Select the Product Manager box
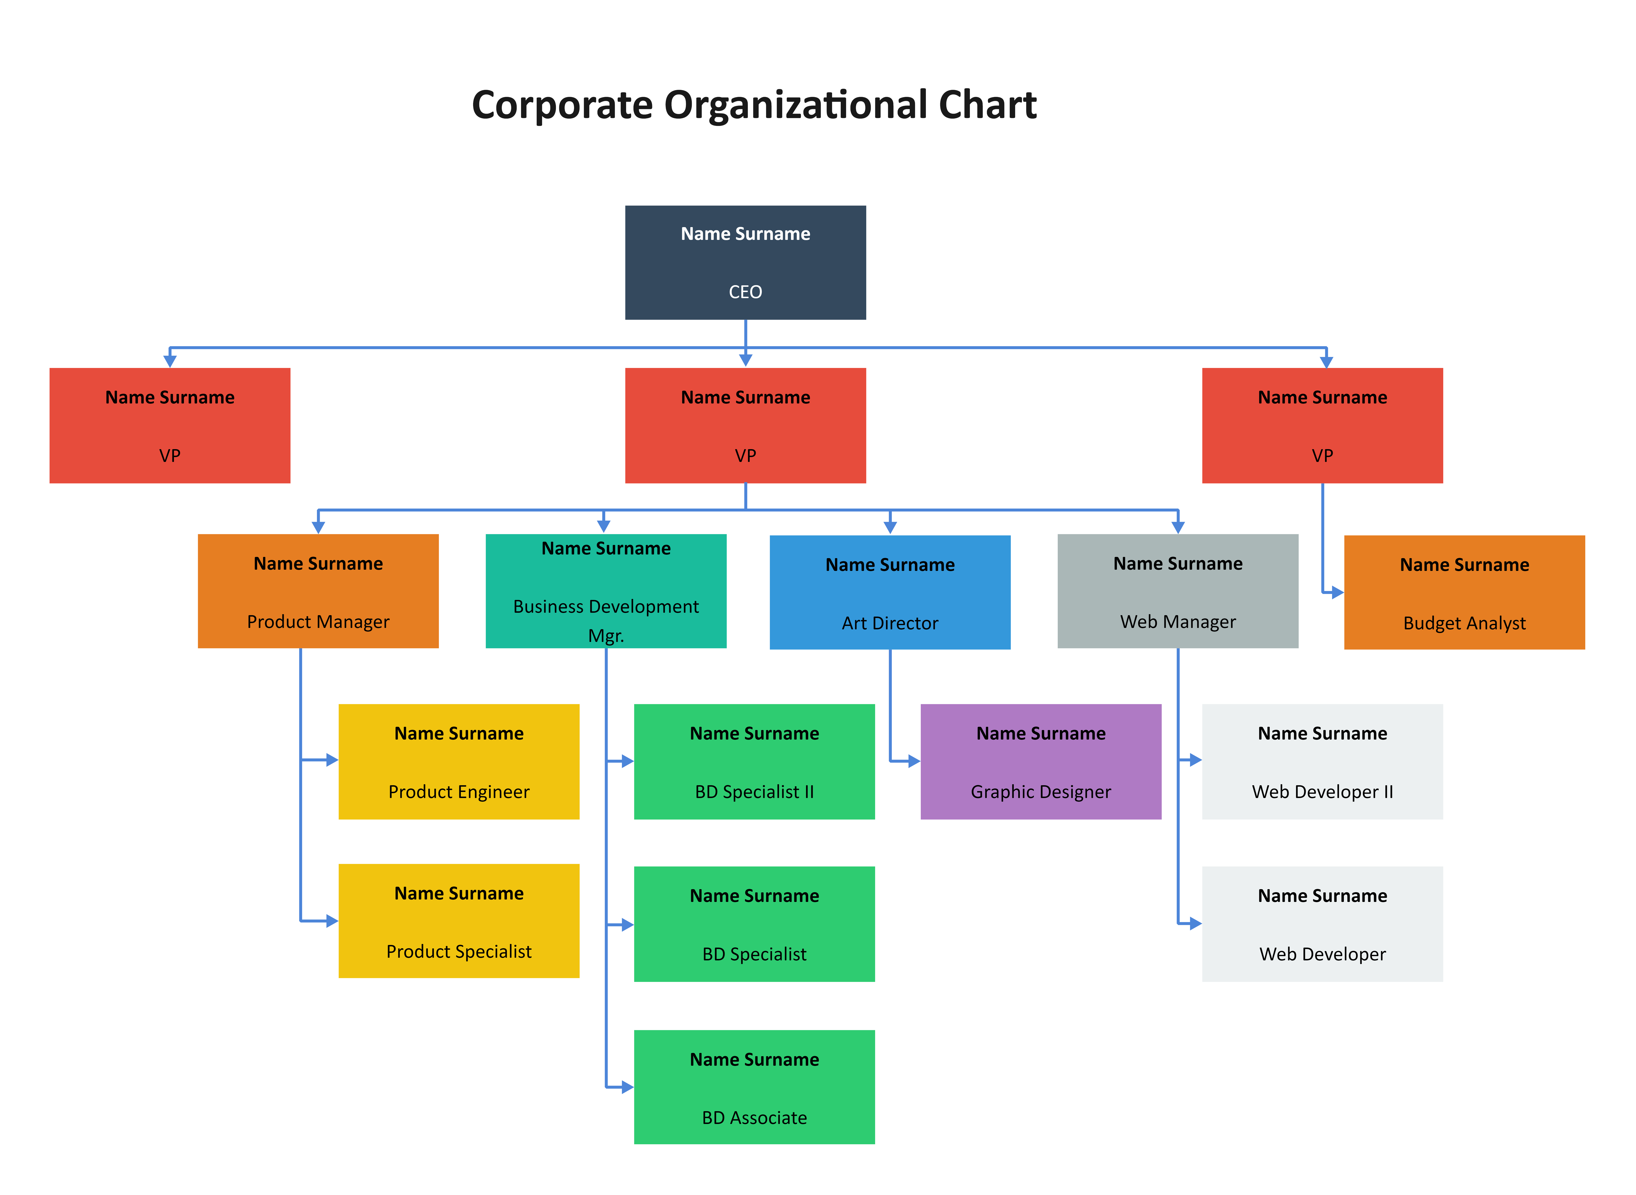pyautogui.click(x=318, y=591)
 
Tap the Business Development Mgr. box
pyautogui.click(x=606, y=591)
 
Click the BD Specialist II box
pyautogui.click(x=754, y=762)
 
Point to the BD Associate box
pyautogui.click(x=754, y=1087)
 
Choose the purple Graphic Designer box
pyautogui.click(x=1041, y=762)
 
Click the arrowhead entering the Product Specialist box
pyautogui.click(x=333, y=921)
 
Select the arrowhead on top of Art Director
pyautogui.click(x=890, y=529)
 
